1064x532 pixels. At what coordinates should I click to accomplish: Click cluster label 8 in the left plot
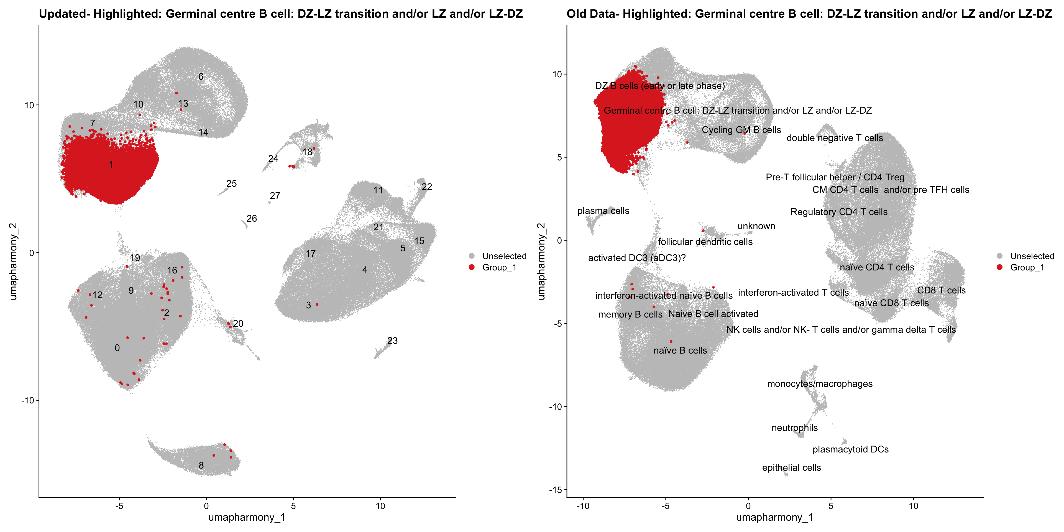[x=201, y=465]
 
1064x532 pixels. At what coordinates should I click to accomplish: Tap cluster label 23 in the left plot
[x=392, y=341]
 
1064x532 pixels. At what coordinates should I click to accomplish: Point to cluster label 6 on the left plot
[x=201, y=76]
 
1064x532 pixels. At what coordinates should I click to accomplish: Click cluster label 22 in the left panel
[x=427, y=187]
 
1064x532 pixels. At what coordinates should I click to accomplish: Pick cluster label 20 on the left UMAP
[x=238, y=323]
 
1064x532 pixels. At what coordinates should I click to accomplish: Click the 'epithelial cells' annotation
[x=791, y=467]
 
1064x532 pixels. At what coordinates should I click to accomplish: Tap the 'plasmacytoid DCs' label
[x=850, y=449]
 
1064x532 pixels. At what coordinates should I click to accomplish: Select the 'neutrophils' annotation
[x=794, y=428]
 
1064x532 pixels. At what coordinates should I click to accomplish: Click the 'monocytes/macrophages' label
[x=820, y=384]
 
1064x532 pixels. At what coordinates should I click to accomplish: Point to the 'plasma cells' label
[x=603, y=211]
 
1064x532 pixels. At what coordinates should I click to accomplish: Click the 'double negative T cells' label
[x=834, y=138]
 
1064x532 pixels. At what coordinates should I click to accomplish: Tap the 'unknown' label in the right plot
[x=756, y=226]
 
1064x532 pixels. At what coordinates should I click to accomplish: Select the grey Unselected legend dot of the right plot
[x=999, y=256]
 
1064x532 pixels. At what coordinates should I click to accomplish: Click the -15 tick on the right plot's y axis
[x=554, y=490]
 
